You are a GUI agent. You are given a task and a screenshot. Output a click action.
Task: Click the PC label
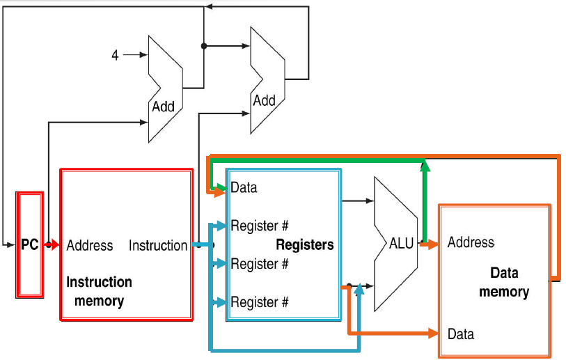point(29,245)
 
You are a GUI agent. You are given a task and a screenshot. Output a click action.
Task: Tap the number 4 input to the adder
point(116,55)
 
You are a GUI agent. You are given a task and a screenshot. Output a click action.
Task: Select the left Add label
point(163,107)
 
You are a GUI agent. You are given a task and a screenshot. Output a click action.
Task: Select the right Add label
point(264,100)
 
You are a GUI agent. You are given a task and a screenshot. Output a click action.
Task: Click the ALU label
point(401,243)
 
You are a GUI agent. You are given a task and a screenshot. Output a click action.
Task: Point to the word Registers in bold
point(305,244)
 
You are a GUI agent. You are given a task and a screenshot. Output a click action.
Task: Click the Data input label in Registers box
point(244,187)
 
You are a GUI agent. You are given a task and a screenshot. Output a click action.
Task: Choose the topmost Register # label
point(259,226)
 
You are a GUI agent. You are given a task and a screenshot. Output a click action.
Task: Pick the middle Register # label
point(259,264)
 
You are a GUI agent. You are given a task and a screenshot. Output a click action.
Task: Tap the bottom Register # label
point(259,302)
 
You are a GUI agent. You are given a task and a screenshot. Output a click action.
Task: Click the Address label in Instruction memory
point(90,245)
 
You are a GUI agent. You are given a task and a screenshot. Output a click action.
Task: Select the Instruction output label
point(158,245)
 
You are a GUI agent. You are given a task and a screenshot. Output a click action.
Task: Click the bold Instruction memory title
point(99,291)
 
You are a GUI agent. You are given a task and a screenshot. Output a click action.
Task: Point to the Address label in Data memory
point(471,242)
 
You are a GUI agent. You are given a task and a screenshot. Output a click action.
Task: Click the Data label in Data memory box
point(460,334)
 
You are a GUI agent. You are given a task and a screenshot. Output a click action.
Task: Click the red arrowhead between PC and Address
point(54,245)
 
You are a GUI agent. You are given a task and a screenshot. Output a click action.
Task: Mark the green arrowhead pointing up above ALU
point(424,165)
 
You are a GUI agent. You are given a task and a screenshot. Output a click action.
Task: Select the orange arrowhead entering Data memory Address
point(432,244)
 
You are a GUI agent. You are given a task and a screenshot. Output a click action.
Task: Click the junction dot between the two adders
point(203,46)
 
